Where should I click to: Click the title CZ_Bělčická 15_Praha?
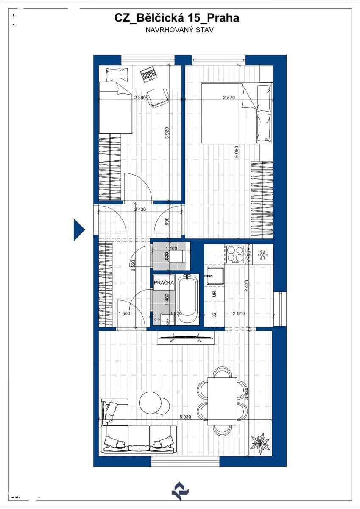click(176, 18)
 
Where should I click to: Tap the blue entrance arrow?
click(79, 229)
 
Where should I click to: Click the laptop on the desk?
click(148, 74)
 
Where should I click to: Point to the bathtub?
click(187, 300)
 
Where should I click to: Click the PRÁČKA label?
click(163, 282)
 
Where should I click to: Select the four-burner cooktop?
click(234, 254)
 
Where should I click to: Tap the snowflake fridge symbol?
click(263, 255)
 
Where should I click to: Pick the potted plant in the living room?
click(260, 442)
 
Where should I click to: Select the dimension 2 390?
click(140, 97)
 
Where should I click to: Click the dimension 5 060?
click(237, 151)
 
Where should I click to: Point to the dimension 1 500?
click(124, 313)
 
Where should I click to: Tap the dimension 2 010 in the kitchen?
click(239, 313)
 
